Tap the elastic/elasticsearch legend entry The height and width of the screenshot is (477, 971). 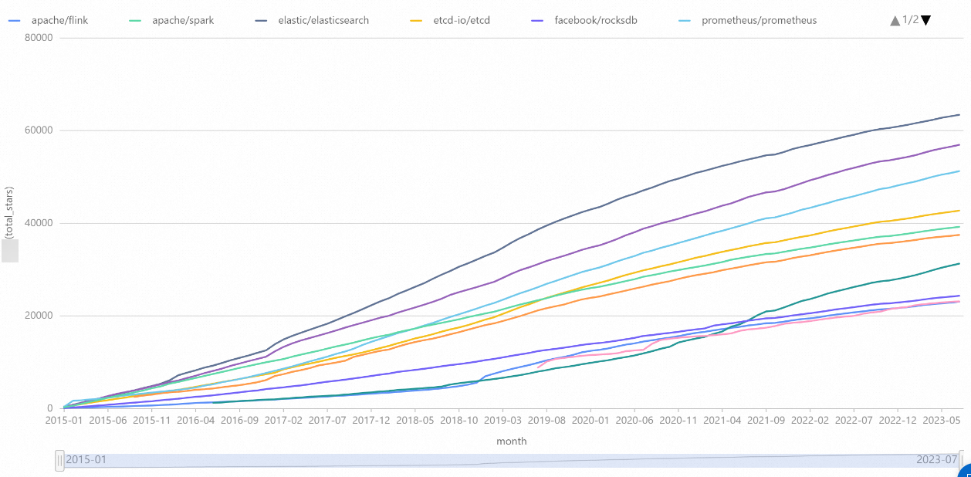tap(323, 20)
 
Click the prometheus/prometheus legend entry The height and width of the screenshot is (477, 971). tap(759, 20)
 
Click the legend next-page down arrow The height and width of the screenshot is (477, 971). tap(926, 20)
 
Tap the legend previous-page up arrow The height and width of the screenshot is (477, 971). tap(895, 20)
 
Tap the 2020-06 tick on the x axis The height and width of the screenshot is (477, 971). tap(633, 421)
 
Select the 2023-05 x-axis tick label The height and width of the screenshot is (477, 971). tap(940, 421)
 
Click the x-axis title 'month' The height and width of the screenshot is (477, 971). tap(512, 441)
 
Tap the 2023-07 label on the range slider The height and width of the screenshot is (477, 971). tap(936, 460)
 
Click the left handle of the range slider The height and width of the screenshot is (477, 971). tap(59, 461)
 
